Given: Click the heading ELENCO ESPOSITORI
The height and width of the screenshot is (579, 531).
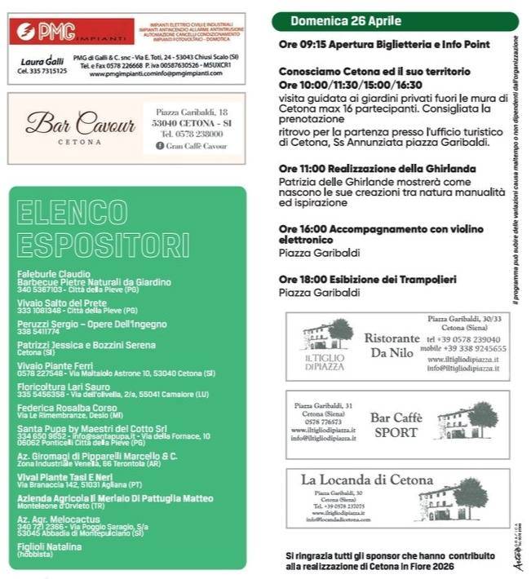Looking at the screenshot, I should tap(103, 230).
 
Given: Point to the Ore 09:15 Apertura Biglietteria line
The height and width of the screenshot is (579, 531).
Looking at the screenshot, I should tap(383, 45).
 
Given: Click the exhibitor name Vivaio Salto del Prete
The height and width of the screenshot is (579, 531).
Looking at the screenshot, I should tap(62, 303).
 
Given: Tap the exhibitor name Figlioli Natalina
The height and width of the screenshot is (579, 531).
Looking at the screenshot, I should tap(51, 546).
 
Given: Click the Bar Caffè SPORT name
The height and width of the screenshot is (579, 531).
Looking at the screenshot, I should tap(396, 424).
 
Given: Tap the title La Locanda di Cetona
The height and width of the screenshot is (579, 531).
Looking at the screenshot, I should tap(367, 480).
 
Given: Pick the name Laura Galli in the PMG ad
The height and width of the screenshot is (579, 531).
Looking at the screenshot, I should tap(42, 61).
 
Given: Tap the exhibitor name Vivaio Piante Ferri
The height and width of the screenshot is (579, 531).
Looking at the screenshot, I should tap(55, 365).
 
